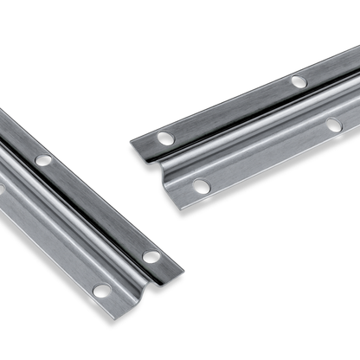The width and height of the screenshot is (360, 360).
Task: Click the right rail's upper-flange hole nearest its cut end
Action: coord(164,138)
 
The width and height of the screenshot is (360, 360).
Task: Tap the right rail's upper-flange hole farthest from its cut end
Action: coord(299,81)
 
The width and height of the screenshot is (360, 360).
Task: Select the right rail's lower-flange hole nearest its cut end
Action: coord(201,185)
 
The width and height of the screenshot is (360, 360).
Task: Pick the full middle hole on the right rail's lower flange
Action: coord(334,125)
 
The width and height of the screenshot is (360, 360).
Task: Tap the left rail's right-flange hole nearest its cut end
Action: coord(151,257)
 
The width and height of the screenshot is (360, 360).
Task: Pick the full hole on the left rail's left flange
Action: coord(102,291)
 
